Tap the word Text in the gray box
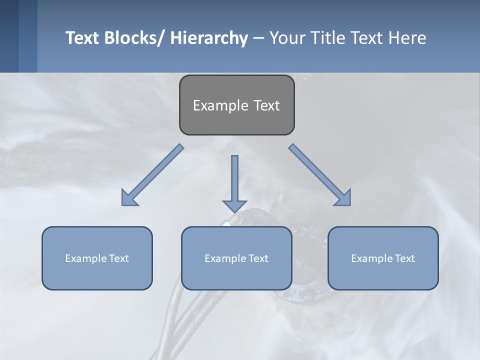click(x=266, y=105)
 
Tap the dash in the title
click(x=258, y=38)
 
